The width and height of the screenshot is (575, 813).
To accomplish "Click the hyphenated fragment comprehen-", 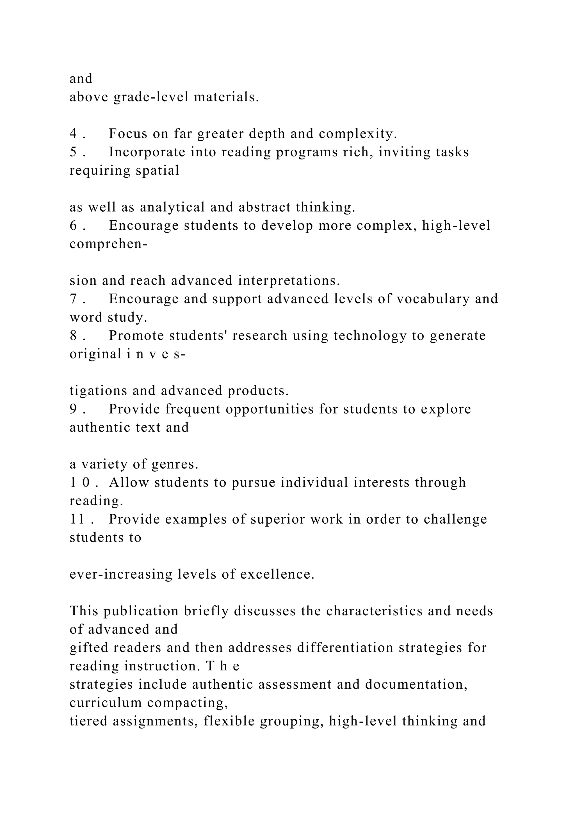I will [108, 244].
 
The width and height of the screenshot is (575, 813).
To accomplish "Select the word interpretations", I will [289, 280].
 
